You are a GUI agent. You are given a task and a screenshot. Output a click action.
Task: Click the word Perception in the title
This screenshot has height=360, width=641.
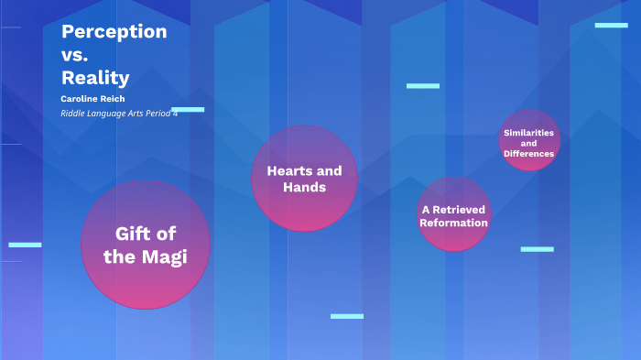pos(114,31)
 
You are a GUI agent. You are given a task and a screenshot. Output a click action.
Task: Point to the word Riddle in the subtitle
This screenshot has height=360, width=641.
pos(73,113)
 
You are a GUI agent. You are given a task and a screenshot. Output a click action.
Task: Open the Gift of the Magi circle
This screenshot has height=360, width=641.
pos(145,245)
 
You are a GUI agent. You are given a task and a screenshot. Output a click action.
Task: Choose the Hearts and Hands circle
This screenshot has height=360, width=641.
pos(304,179)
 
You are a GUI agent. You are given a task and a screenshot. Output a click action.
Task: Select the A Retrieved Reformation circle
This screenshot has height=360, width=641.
pos(454,214)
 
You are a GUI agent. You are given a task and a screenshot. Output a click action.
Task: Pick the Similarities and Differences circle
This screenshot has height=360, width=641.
pos(529,141)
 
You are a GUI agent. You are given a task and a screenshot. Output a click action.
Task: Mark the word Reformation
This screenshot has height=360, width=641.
pos(454,223)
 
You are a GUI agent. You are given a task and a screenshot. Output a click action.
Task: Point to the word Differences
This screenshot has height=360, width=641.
pos(529,154)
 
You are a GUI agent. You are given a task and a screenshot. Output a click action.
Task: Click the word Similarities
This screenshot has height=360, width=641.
pos(529,133)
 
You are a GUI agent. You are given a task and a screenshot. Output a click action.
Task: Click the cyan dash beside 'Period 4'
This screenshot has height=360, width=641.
pos(188,109)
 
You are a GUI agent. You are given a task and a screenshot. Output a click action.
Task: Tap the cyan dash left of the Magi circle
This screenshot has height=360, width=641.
pos(25,245)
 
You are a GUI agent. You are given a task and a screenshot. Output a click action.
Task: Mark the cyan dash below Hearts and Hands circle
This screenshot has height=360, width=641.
pos(347,316)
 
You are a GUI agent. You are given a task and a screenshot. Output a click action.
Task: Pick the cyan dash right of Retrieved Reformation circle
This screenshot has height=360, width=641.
pos(537,249)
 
